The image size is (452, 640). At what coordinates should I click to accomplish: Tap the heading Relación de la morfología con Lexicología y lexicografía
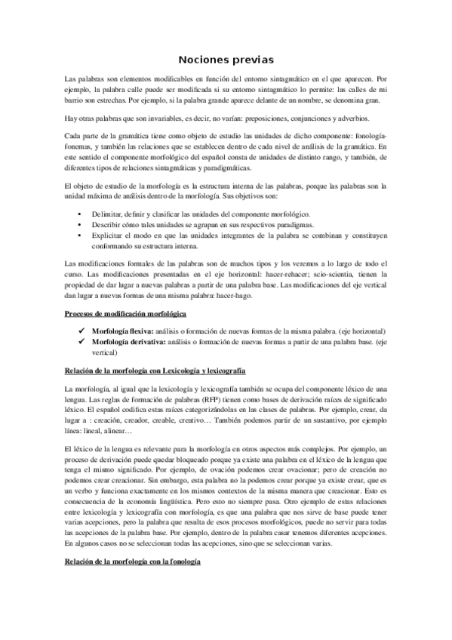click(155, 371)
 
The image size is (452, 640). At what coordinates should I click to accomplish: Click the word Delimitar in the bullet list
click(106, 214)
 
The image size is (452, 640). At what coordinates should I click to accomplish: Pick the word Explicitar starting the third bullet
click(106, 235)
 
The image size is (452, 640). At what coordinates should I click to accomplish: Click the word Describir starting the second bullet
click(106, 225)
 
